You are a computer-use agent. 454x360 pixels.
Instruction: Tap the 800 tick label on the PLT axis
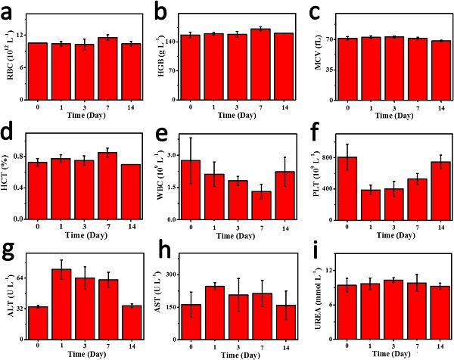(x=328, y=157)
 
